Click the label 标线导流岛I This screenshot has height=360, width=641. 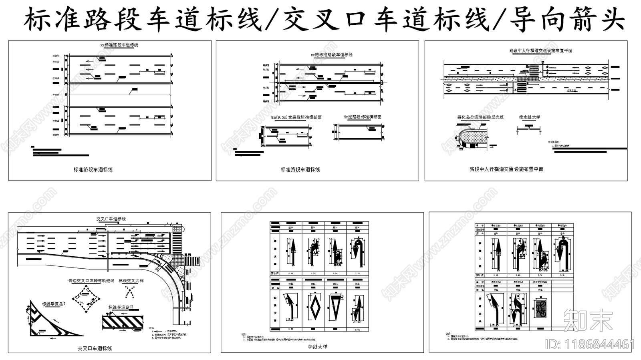coord(54,304)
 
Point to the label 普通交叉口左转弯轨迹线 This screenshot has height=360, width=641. coord(91,281)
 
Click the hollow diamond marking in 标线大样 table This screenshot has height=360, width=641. coord(313,307)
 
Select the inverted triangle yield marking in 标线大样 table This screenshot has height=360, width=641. coord(335,306)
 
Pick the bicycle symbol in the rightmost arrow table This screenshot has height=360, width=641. coord(541,308)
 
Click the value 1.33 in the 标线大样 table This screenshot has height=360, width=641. coord(357,274)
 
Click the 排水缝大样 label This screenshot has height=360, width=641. coord(529,117)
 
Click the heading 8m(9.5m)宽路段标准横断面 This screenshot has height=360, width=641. coord(296,117)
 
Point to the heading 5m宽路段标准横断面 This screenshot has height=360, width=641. coord(363,117)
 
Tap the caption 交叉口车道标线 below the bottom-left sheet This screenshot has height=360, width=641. coord(95,348)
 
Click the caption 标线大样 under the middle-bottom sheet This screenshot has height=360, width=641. coord(317,347)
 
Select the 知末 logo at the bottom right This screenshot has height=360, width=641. coord(587,320)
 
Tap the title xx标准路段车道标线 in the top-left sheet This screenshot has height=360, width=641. coord(119,45)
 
